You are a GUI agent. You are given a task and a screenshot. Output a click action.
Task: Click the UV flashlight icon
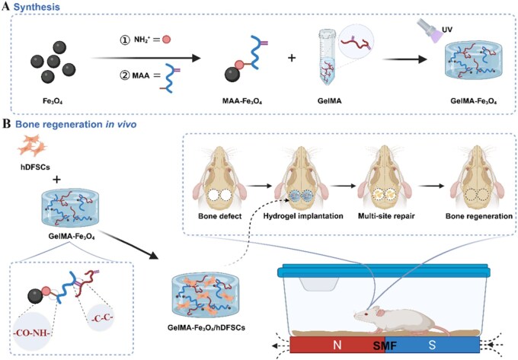[x=428, y=30]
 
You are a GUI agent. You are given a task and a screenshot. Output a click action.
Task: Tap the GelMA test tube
[x=328, y=57]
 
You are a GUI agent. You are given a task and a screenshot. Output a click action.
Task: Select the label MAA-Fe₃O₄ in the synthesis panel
[x=242, y=101]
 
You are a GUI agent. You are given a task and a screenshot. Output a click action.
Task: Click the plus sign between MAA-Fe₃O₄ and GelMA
[x=292, y=58]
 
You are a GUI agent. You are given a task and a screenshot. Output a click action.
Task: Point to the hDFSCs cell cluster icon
[x=32, y=145]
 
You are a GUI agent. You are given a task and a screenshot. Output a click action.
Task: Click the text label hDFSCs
[x=35, y=167]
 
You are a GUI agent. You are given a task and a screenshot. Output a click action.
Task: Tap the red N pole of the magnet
[x=337, y=345]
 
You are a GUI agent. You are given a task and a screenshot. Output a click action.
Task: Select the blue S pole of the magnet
[x=433, y=345]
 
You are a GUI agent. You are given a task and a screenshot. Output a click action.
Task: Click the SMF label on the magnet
[x=385, y=346]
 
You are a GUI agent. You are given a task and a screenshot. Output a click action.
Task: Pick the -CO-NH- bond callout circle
[x=32, y=331]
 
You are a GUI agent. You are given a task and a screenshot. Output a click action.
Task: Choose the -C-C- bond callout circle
[x=102, y=318]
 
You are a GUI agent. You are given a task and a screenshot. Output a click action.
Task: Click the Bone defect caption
[x=219, y=216]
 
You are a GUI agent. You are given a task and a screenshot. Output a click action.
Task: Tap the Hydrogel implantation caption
[x=303, y=216]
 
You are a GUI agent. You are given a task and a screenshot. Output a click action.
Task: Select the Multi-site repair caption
[x=386, y=216]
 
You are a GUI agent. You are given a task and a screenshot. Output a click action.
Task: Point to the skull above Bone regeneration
[x=478, y=177]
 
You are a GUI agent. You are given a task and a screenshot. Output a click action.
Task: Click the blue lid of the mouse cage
[x=384, y=271]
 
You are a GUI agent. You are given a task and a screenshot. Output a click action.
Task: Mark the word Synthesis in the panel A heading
[x=37, y=8]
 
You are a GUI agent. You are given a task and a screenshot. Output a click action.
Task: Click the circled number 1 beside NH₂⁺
[x=124, y=40]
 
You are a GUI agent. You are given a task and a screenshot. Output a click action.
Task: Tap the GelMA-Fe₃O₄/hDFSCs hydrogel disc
[x=205, y=295]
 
